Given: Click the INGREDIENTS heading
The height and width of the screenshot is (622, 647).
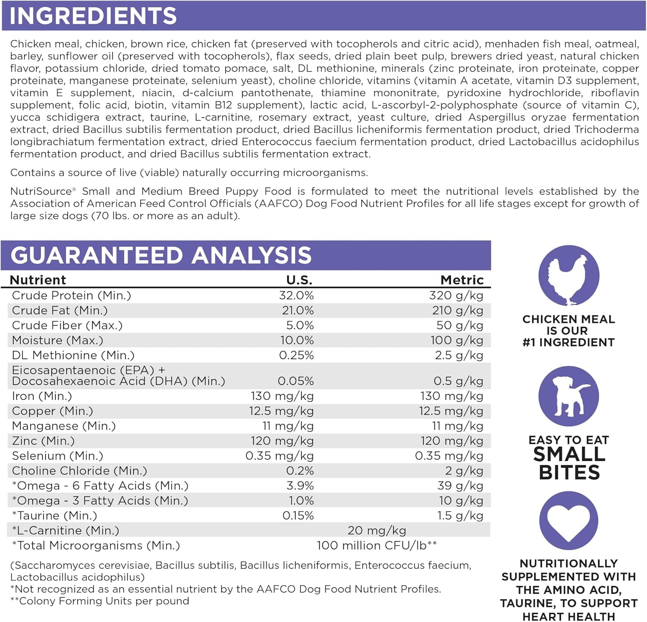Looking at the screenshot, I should (93, 16).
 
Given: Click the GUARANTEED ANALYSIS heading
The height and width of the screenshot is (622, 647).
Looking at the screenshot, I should (161, 255).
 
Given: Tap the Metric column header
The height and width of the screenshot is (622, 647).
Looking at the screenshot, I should (462, 280).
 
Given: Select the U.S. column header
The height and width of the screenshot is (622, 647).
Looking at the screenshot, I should (299, 280).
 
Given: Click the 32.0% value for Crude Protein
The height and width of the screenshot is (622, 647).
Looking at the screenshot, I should (296, 295).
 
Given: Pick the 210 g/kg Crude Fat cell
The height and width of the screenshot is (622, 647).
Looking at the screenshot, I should (458, 311).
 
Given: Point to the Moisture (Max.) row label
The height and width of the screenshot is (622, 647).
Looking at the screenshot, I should (57, 340).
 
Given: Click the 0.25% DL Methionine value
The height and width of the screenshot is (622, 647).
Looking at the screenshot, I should (296, 355).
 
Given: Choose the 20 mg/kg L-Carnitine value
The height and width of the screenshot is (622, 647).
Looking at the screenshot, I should (377, 531).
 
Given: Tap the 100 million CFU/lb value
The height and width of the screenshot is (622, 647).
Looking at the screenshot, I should (376, 546).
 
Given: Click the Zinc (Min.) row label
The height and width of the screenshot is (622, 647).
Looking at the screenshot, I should (43, 441).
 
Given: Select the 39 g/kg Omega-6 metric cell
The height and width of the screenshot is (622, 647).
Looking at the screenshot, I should (460, 486).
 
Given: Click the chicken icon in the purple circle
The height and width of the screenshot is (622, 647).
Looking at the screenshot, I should (568, 276).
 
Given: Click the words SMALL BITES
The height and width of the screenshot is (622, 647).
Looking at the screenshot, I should (569, 464).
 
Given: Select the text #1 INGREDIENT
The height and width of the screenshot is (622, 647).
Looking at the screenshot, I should (568, 342).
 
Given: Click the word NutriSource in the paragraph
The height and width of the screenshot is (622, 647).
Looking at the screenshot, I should (41, 192).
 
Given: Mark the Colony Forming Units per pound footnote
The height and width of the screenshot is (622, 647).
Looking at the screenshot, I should (100, 601).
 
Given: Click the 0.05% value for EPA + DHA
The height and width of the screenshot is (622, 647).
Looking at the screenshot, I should (295, 381).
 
